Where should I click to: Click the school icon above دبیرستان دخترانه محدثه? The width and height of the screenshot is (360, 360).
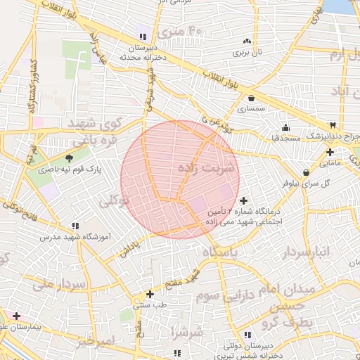[143, 37]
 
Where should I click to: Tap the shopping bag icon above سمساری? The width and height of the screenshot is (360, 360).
[251, 98]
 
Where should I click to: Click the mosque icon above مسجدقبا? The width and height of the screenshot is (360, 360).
[285, 127]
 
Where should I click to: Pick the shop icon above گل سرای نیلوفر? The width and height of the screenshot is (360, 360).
[306, 172]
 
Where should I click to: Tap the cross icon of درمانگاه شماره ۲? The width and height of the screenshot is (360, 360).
[243, 202]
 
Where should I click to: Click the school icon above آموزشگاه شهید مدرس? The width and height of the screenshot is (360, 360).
[75, 226]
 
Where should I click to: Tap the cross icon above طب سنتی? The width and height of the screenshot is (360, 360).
[149, 294]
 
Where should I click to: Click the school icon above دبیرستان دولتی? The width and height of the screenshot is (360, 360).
[246, 335]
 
